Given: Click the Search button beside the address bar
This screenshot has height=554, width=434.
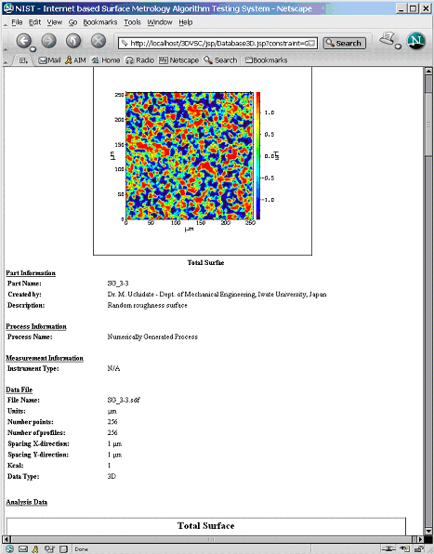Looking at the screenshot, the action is coord(344,43).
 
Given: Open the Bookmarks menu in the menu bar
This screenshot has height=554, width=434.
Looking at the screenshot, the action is coord(100,21).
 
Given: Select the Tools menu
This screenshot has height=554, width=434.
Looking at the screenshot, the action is coord(132,21).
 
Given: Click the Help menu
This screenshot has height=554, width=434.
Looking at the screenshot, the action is coord(186,21).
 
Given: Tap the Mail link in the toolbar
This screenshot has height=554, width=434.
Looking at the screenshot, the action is coord(50,60).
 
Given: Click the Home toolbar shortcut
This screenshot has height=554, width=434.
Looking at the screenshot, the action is coord(105,60).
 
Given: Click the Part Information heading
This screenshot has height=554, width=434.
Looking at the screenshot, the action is coord(31,272).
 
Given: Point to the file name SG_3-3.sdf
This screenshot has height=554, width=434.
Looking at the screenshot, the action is coord(124,400).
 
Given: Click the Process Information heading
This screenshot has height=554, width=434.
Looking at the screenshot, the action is coord(36,326).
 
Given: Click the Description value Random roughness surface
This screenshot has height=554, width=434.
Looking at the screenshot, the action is coord(147,304).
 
